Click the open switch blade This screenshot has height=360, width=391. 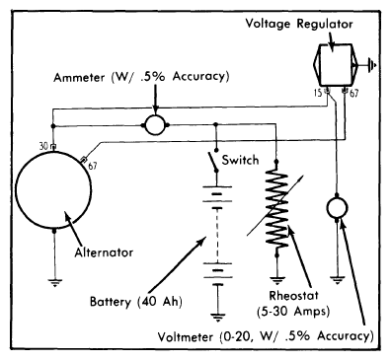pyautogui.click(x=212, y=162)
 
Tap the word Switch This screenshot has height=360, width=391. pyautogui.click(x=240, y=160)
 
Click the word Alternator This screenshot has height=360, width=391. pyautogui.click(x=104, y=252)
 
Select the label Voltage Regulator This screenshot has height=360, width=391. pyautogui.click(x=299, y=24)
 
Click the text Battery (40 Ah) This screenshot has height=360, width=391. pyautogui.click(x=136, y=302)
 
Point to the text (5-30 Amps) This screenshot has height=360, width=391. pyautogui.click(x=293, y=311)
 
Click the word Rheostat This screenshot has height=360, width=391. pyautogui.click(x=293, y=295)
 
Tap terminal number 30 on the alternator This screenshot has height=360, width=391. pyautogui.click(x=43, y=146)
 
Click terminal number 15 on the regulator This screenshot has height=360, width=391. pyautogui.click(x=318, y=94)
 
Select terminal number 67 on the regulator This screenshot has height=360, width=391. pyautogui.click(x=353, y=94)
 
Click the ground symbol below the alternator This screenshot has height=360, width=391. pyautogui.click(x=54, y=283)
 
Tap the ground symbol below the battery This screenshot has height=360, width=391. pyautogui.click(x=217, y=318)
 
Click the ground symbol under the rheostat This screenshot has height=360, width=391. pyautogui.click(x=277, y=281)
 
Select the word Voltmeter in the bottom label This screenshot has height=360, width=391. pyautogui.click(x=186, y=337)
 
